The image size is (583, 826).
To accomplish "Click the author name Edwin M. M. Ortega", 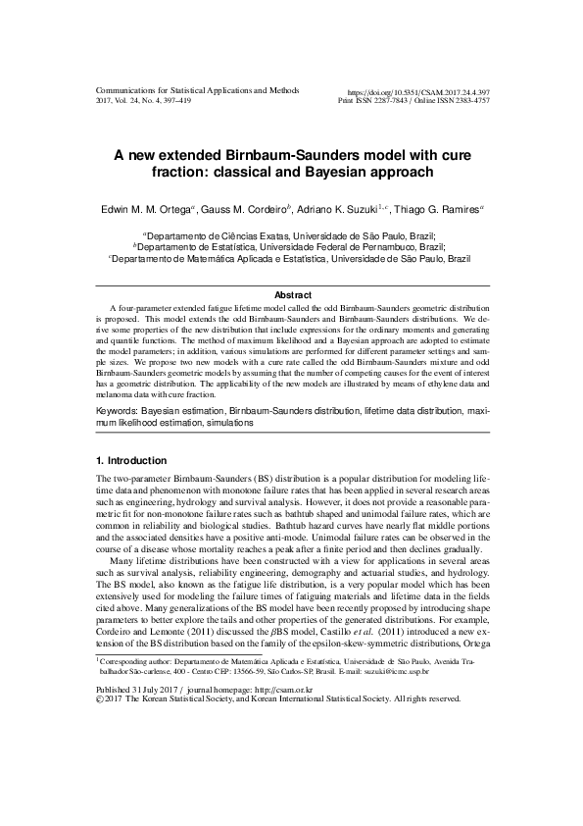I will click(x=152, y=210).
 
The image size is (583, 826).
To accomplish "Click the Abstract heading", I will click(x=292, y=295).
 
